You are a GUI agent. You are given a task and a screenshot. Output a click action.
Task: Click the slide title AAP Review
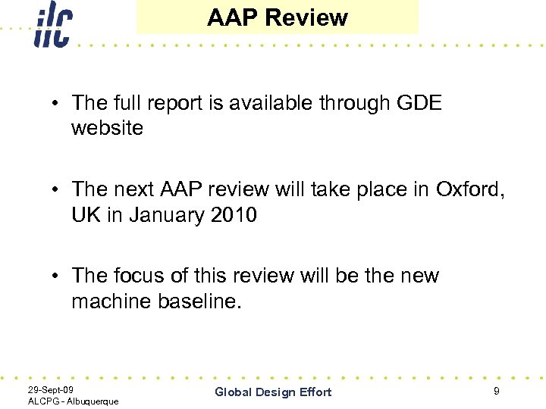277,18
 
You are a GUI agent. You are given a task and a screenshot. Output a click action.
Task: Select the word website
107,128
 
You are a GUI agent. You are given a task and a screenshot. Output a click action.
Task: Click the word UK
86,215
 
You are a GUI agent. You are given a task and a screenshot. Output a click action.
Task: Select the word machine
111,301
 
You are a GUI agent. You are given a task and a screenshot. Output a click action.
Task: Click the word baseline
199,301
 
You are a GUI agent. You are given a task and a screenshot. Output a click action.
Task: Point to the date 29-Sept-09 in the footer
50,389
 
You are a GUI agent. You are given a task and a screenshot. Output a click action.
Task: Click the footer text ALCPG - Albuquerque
73,401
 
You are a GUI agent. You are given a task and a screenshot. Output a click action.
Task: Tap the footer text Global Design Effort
273,392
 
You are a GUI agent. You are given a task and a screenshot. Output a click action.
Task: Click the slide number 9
496,391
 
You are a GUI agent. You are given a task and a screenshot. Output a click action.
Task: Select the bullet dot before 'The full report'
58,104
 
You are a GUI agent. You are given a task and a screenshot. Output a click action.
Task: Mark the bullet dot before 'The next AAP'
58,190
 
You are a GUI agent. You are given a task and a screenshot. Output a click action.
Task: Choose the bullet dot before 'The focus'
58,276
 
